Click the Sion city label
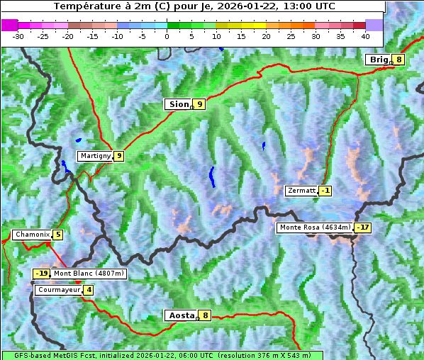point(178,104)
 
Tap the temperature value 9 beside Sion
point(199,104)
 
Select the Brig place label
point(379,60)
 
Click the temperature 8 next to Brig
point(399,60)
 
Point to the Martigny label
point(95,156)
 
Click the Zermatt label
point(301,191)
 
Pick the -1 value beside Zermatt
point(325,191)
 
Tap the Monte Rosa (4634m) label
point(315,227)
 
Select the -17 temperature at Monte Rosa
point(362,227)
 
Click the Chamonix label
point(32,235)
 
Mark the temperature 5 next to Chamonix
point(57,235)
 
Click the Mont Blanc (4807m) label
point(89,274)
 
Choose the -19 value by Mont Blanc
point(42,274)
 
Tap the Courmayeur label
point(58,290)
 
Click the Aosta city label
point(181,315)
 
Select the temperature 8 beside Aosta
point(205,315)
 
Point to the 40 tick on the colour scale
point(365,35)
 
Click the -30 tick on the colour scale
point(18,35)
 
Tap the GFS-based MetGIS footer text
point(162,355)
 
